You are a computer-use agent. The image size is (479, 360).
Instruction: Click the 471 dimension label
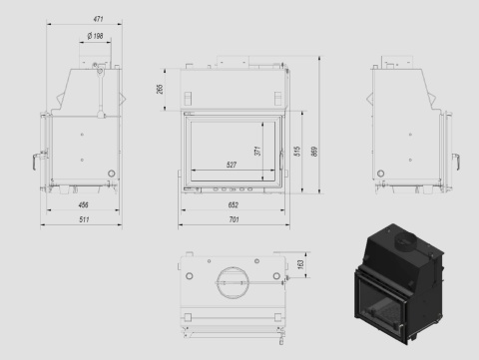(98, 19)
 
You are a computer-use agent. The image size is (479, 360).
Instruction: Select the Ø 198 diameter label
(96, 36)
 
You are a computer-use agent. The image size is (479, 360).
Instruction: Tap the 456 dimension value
(83, 204)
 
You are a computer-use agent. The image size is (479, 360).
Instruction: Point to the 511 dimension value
(84, 219)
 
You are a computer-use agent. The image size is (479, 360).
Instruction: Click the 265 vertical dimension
(160, 89)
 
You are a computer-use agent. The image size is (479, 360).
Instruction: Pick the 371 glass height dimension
(257, 151)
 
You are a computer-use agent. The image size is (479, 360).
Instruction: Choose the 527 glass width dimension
(232, 165)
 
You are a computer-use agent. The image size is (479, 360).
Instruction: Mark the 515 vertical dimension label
(297, 151)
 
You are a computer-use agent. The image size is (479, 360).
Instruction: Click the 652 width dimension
(234, 204)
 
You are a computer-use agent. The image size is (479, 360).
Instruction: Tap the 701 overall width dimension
(234, 219)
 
